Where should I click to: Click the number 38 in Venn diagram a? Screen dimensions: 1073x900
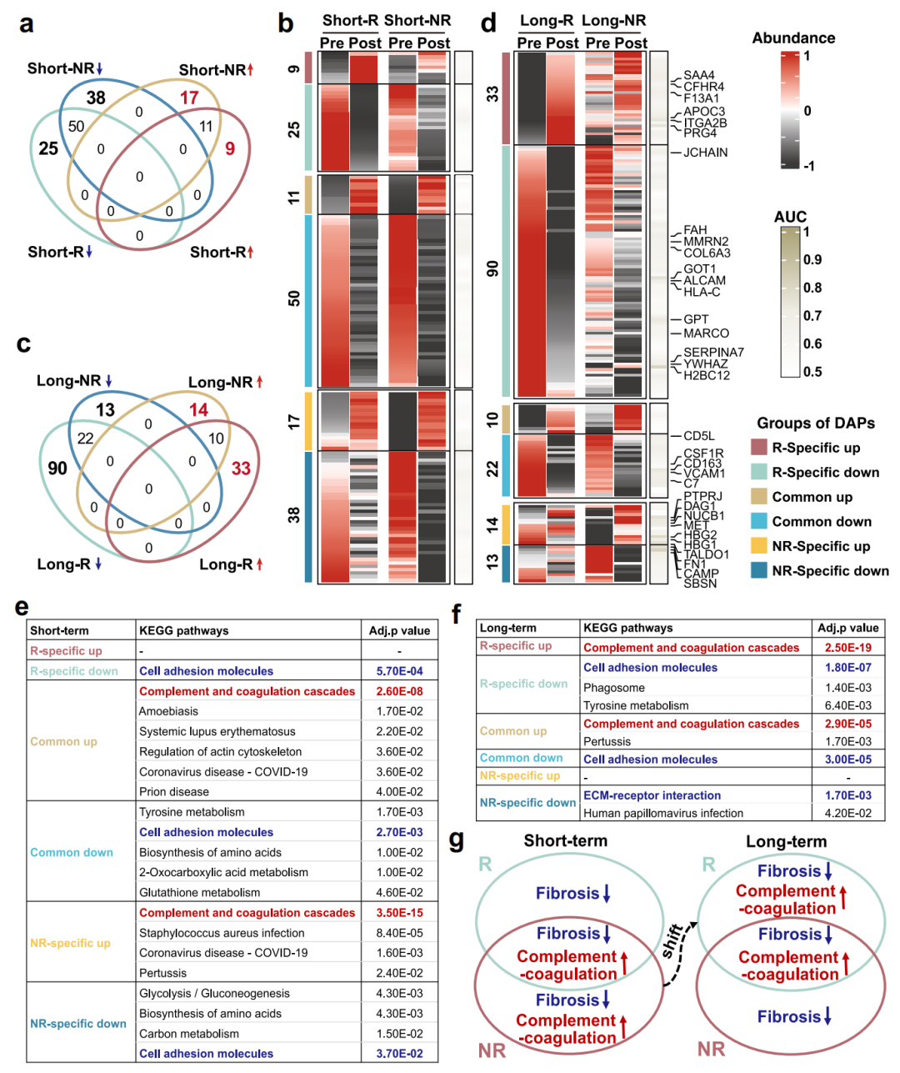96,98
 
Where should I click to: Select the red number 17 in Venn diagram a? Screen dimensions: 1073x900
190,98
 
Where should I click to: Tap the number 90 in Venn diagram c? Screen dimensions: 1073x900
57,469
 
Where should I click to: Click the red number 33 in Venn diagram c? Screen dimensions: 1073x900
241,469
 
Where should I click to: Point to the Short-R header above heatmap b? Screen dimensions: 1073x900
351,21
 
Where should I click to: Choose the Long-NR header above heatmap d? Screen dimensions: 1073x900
614,21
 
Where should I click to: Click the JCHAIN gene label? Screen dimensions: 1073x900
705,153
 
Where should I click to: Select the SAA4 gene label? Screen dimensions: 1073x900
698,75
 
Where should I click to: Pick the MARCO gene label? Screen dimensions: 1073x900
706,333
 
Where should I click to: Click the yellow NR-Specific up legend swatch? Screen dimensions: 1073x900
758,546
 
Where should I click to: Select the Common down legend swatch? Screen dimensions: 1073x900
758,521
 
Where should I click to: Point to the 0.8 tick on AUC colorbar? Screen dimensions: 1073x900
812,288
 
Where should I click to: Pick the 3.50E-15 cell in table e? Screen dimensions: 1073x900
399,913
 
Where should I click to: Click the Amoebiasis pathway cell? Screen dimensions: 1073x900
169,711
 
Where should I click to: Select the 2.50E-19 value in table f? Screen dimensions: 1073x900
847,648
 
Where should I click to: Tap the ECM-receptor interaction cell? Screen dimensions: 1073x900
652,795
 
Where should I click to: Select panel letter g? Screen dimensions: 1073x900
457,839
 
